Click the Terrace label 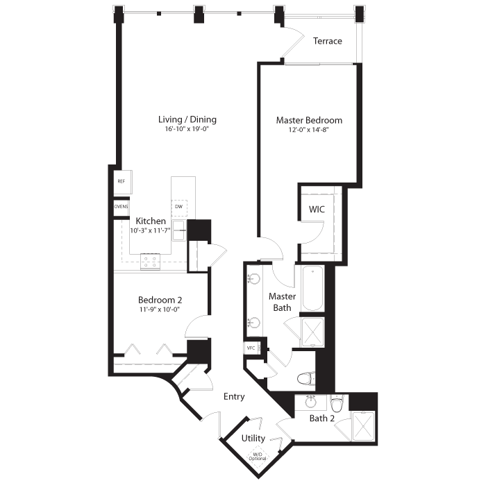tap(327, 41)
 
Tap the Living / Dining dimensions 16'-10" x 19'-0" tap(187, 129)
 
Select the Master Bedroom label tap(309, 120)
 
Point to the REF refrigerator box tap(123, 183)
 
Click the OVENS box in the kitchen tap(121, 207)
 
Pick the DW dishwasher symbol tap(179, 207)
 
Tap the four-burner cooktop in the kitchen tap(151, 262)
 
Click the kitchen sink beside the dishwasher tap(179, 230)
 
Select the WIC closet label tap(317, 210)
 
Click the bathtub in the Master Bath tap(312, 289)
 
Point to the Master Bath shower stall tap(312, 332)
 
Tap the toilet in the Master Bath tap(306, 378)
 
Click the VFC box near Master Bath tap(251, 348)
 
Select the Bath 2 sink tap(311, 402)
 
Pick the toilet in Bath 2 tap(337, 403)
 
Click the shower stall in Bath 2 tap(363, 426)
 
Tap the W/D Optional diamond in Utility tap(258, 457)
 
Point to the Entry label tap(234, 397)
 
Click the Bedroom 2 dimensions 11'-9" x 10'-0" tap(160, 310)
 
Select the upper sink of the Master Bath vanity tap(254, 279)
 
